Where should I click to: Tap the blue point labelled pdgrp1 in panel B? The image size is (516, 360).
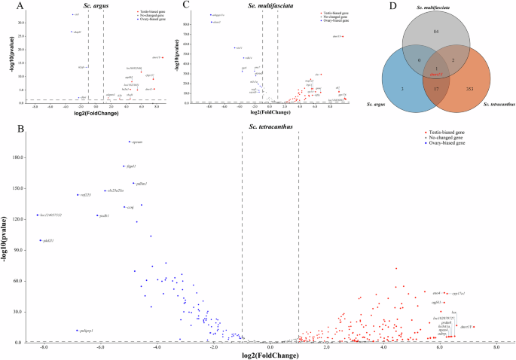coord(78,331)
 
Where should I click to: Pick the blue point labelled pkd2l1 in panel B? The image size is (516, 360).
coord(41,240)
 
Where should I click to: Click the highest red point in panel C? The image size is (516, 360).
coord(344,36)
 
